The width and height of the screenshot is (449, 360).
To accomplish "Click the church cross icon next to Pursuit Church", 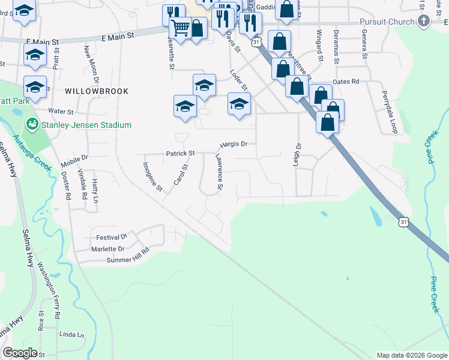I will (x=424, y=22).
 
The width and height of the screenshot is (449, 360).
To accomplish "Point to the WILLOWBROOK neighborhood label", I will (x=97, y=91).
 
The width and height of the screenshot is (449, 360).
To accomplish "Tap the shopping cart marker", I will (x=180, y=28).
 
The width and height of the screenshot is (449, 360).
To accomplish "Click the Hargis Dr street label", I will (x=234, y=144).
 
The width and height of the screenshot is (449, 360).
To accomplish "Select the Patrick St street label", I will (x=180, y=154).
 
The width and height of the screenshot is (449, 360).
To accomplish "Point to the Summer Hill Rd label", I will (x=127, y=256).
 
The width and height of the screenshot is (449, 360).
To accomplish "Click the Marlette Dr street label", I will (x=108, y=248).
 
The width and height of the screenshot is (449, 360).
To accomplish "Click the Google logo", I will (x=20, y=353).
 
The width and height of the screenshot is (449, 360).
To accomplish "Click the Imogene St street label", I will (x=152, y=176).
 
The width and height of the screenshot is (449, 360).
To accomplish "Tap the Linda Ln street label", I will (x=70, y=334).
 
